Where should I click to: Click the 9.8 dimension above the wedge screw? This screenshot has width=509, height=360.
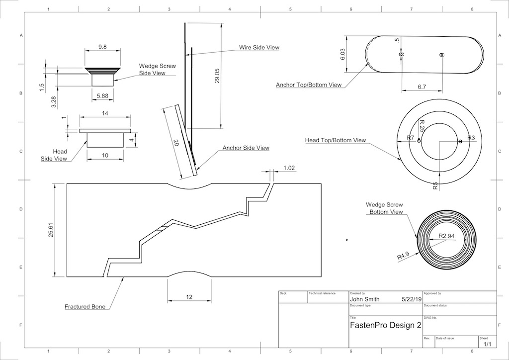102,47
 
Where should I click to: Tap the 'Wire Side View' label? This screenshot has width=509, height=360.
259,48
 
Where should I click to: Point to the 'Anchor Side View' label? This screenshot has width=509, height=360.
246,148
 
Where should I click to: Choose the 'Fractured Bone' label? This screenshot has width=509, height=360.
85,307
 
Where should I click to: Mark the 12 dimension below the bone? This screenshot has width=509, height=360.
189,297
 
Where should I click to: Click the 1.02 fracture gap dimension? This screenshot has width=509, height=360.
289,168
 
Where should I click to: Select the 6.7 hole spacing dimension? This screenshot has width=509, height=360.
422,87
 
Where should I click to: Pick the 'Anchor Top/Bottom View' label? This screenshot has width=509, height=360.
309,85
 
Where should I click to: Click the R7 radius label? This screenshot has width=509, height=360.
411,138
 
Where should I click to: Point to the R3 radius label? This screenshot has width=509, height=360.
471,138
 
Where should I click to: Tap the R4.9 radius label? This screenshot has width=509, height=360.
403,257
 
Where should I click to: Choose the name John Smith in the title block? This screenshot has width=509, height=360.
365,299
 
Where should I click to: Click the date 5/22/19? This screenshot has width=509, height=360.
410,299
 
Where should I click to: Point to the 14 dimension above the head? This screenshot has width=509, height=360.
105,114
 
